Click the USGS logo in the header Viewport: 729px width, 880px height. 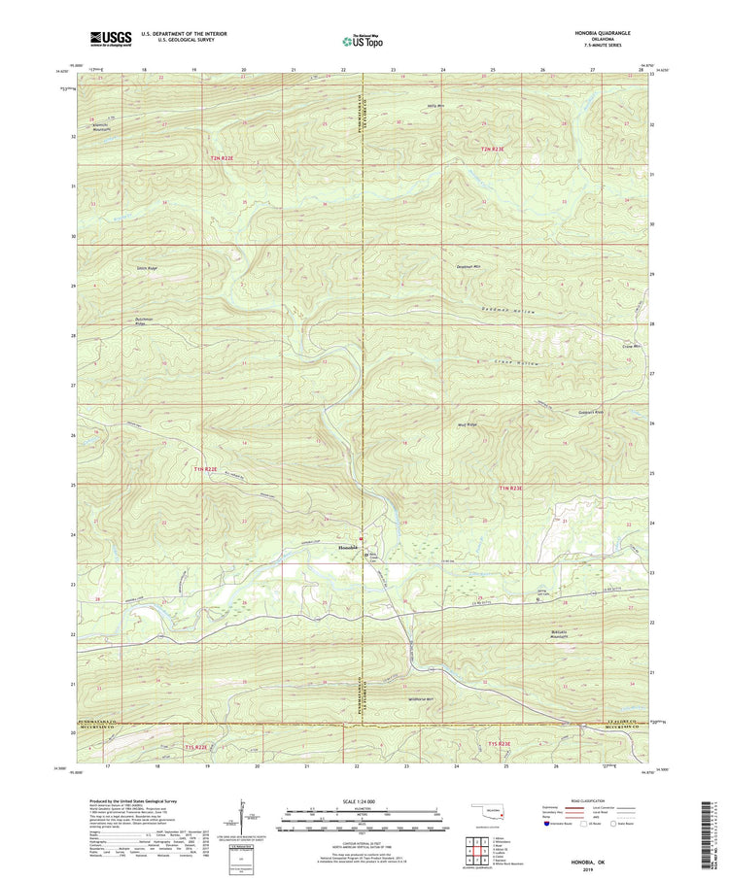pos(110,38)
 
